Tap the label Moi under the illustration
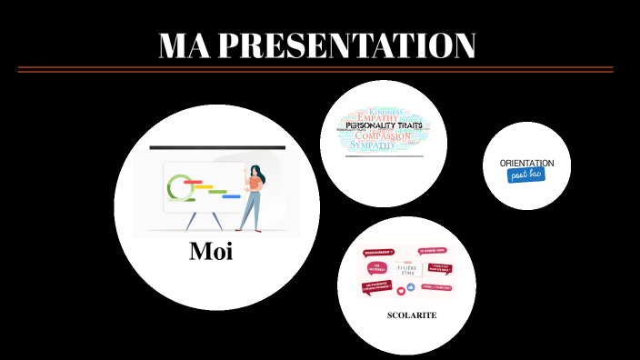211,251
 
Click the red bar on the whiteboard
192,182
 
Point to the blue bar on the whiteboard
231,196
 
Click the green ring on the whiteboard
179,185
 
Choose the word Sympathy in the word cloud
374,145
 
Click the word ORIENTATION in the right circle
526,163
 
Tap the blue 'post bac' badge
526,174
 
